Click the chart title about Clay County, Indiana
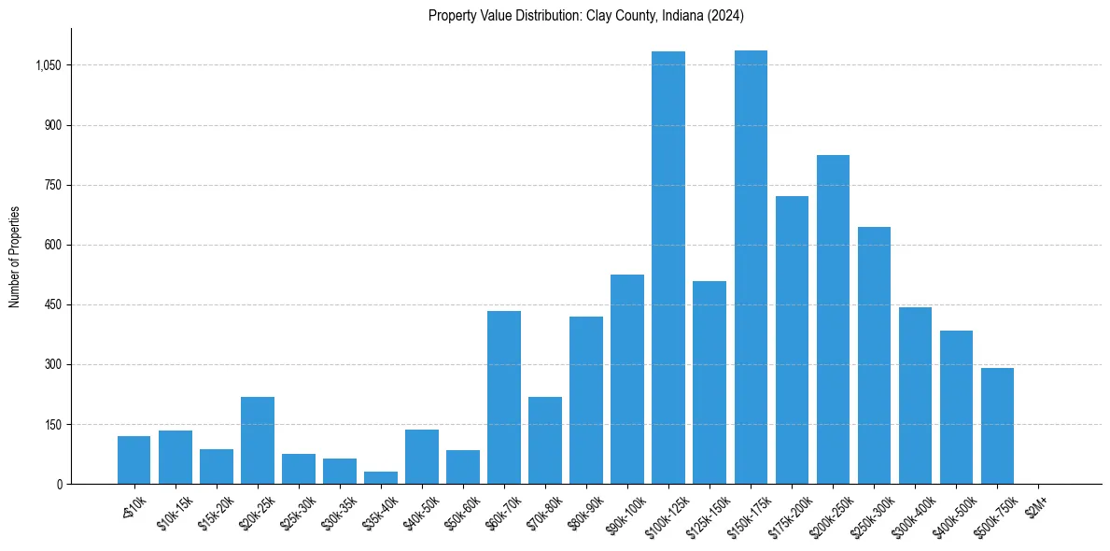click(585, 16)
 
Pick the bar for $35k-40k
click(381, 477)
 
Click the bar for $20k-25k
click(258, 440)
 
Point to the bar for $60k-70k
click(504, 397)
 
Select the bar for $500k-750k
click(997, 426)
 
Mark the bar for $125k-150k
click(710, 382)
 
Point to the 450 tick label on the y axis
click(52, 304)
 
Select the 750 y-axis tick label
click(52, 185)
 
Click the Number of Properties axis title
click(15, 257)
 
